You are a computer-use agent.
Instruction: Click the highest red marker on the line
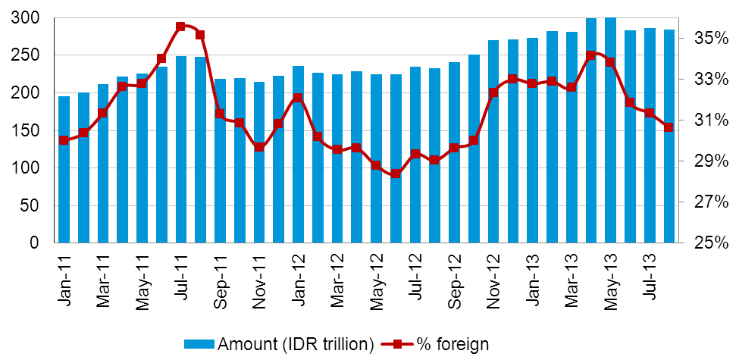click(180, 27)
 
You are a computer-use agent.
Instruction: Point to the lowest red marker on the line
click(396, 174)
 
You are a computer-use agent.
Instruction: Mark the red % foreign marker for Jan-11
click(64, 140)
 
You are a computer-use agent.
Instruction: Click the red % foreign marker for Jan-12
click(298, 98)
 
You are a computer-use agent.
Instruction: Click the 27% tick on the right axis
click(712, 202)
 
